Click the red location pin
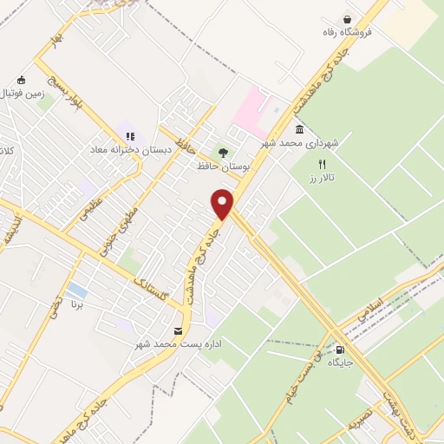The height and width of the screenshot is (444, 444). (x=223, y=203)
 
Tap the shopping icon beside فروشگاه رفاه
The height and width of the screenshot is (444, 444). (x=348, y=19)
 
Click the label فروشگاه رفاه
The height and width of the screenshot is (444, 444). (x=347, y=33)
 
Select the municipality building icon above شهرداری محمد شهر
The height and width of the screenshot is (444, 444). (x=299, y=129)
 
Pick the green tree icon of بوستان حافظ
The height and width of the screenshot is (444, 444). (x=224, y=153)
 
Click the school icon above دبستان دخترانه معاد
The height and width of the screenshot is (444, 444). (x=131, y=136)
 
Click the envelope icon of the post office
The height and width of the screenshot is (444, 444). (x=178, y=331)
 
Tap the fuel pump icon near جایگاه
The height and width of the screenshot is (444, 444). (x=351, y=349)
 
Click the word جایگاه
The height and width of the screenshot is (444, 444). (x=340, y=362)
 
